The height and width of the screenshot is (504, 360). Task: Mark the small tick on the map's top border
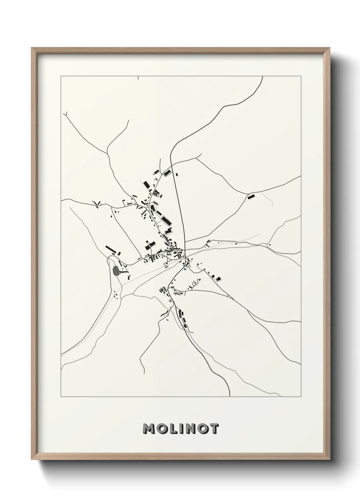pyautogui.click(x=138, y=78)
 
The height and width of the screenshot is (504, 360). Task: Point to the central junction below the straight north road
pyautogui.click(x=185, y=251)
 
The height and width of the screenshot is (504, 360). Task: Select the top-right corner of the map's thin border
pyautogui.click(x=300, y=76)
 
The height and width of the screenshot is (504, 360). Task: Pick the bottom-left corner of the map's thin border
pyautogui.click(x=61, y=397)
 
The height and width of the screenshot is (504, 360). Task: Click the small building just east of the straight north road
pyautogui.click(x=177, y=175)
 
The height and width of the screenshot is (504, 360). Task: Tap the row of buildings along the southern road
pyautogui.click(x=182, y=318)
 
